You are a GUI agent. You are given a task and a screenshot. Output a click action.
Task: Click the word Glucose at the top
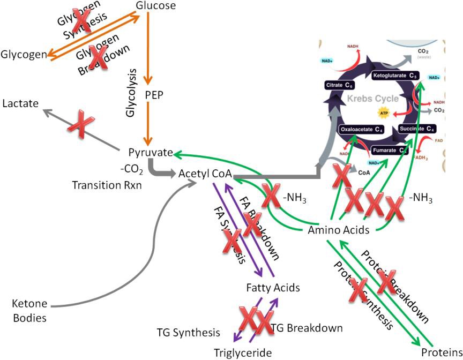(156, 6)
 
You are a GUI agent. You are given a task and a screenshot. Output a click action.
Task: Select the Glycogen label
(23, 55)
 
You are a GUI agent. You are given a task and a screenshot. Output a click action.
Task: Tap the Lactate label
(20, 103)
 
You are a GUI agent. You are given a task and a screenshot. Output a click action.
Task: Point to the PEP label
(154, 95)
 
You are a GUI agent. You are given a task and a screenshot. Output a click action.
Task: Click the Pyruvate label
(150, 153)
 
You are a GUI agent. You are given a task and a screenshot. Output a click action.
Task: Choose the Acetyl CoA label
(205, 174)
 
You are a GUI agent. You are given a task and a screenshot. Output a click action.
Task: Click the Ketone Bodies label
(29, 311)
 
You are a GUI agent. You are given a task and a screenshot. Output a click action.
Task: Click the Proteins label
(440, 352)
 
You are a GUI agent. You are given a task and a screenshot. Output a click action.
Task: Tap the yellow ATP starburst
(383, 114)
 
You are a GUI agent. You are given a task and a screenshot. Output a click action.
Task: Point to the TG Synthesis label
(188, 333)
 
